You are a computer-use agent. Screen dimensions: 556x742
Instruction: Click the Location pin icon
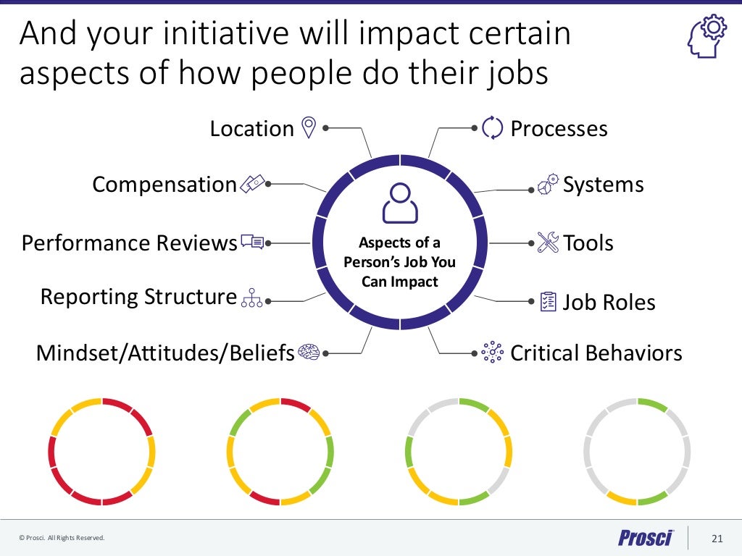coord(309,128)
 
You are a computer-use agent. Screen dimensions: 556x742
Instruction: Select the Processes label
coord(559,129)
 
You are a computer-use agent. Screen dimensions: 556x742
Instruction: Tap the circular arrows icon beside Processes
coord(492,128)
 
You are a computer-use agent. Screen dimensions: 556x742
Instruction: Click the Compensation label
coord(164,185)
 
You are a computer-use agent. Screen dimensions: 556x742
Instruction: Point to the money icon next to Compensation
coord(253,185)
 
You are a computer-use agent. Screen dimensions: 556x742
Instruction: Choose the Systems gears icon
coord(549,184)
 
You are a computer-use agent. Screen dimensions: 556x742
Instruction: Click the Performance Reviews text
coord(129,243)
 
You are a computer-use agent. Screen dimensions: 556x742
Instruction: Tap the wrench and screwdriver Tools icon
coord(549,243)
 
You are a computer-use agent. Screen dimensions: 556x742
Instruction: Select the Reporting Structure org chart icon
coord(251,298)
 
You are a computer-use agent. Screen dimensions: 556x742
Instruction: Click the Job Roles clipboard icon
coord(549,301)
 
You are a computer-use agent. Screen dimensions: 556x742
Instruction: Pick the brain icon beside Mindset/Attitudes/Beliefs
coord(309,353)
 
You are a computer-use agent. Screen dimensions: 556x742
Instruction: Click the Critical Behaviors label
coord(596,353)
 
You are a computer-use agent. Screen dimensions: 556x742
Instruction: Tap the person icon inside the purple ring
coord(400,203)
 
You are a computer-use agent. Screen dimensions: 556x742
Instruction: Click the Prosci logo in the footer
coord(646,538)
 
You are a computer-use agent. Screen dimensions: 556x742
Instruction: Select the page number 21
coord(717,538)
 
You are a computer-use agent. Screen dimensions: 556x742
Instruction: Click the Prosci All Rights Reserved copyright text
coord(62,538)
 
